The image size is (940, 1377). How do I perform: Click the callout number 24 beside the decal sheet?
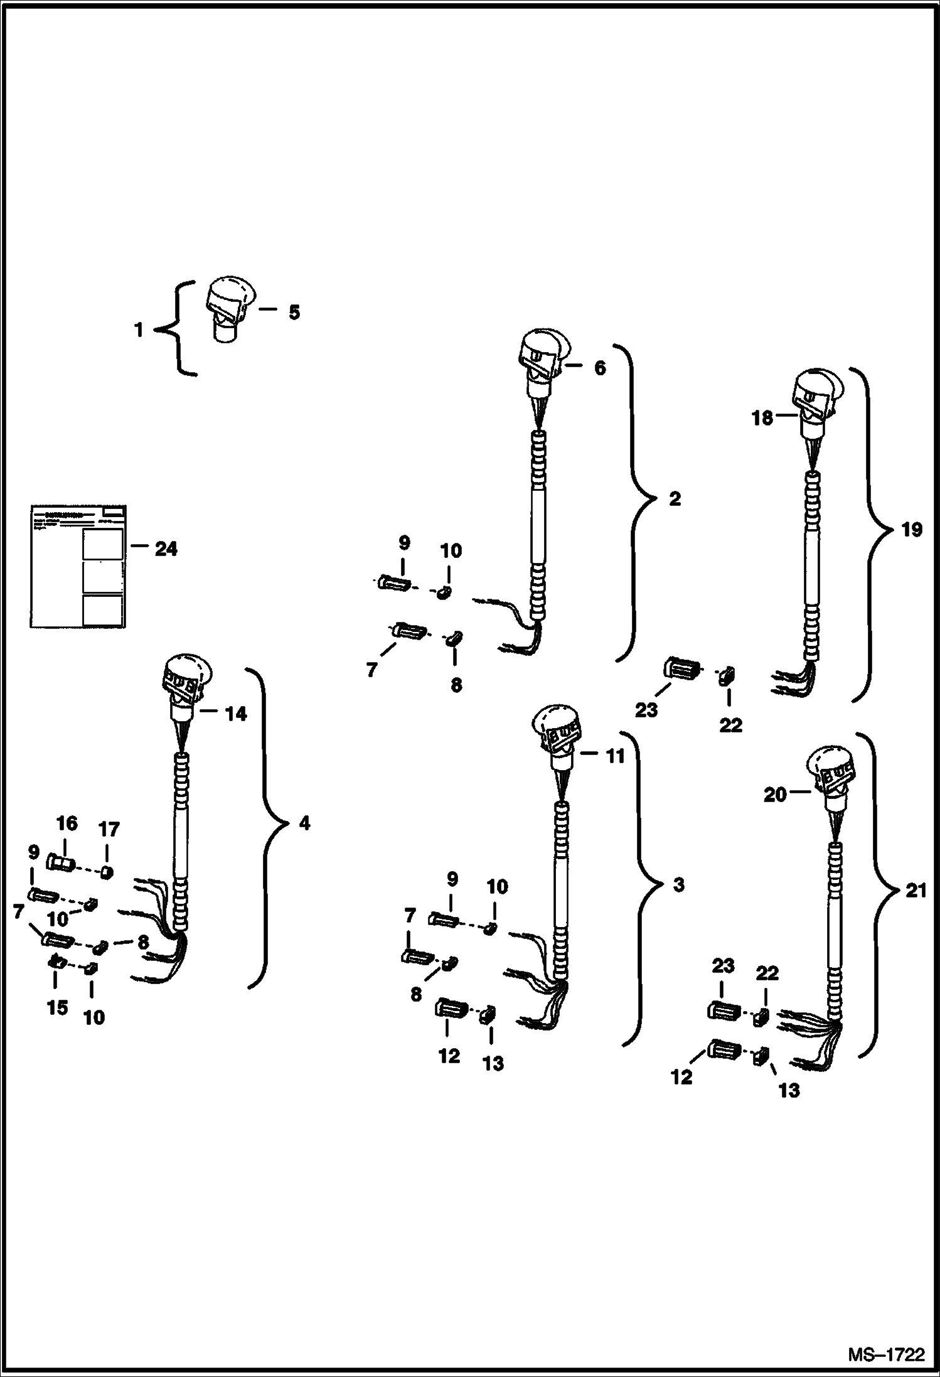tap(166, 549)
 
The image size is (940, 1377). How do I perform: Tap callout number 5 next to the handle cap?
tap(294, 312)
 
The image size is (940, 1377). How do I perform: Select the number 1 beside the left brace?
tap(139, 330)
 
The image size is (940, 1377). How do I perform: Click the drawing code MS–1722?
tap(886, 1354)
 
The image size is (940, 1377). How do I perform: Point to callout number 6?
tap(600, 368)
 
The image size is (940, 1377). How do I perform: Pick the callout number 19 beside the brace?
tap(912, 530)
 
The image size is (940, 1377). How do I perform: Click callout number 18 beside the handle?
tap(762, 418)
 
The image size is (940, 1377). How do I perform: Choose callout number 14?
tap(236, 714)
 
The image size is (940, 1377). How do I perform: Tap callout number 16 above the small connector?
tap(67, 823)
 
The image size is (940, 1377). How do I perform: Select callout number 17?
tap(109, 830)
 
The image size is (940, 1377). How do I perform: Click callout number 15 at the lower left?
tap(57, 1007)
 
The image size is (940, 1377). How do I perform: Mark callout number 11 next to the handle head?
tap(615, 756)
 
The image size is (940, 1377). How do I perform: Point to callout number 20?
tap(775, 795)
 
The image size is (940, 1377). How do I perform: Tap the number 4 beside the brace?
tap(305, 823)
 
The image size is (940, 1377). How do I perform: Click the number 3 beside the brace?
tap(678, 885)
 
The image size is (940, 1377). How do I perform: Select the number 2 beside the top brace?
tap(675, 500)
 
